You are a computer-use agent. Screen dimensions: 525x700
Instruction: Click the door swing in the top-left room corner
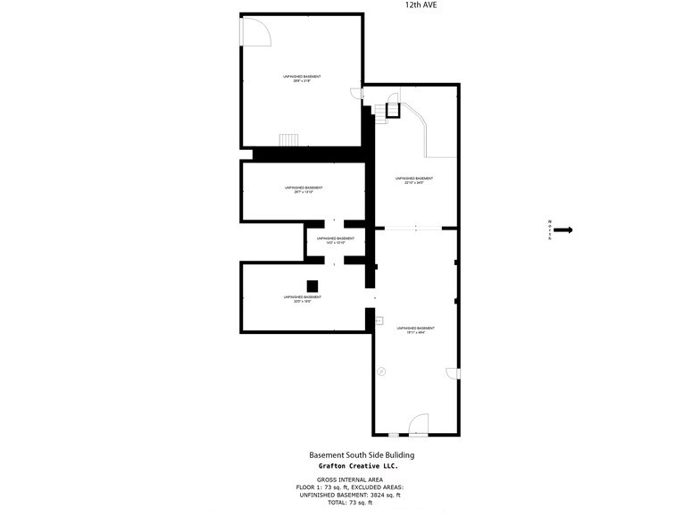257,32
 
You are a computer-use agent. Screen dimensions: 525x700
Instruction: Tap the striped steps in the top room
288,140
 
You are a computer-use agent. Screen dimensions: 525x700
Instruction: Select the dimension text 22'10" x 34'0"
414,183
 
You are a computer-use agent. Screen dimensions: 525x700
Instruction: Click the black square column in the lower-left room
312,286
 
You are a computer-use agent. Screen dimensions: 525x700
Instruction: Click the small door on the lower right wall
452,373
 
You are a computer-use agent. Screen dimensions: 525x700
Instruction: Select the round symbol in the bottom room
381,371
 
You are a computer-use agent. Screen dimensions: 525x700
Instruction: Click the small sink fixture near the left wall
379,319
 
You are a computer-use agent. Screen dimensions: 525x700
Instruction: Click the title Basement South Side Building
361,455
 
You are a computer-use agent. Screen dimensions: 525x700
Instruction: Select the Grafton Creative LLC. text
358,466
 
